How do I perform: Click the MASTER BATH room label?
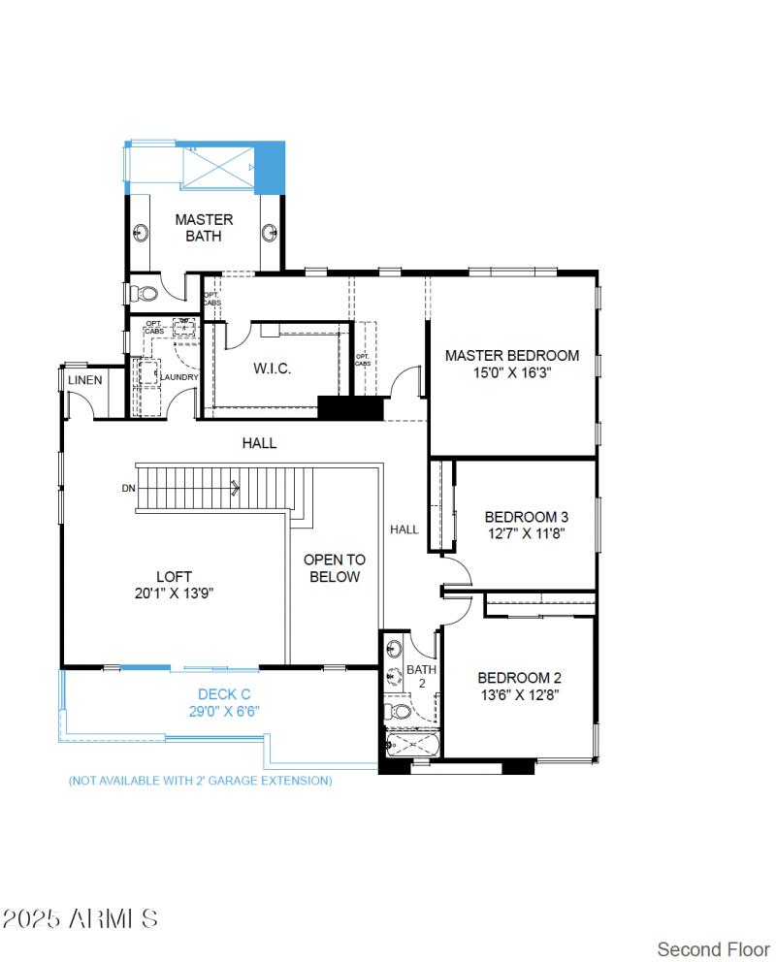(204, 228)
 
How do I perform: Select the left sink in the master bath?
(142, 233)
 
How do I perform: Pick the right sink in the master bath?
(271, 233)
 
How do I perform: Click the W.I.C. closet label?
(272, 369)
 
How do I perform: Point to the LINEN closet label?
(85, 380)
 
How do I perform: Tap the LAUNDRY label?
(179, 377)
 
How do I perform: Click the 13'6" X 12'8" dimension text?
(518, 694)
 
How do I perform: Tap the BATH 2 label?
(422, 676)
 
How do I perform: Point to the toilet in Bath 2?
(399, 713)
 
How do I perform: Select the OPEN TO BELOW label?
(335, 568)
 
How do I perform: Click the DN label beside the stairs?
(128, 489)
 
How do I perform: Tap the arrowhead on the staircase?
(236, 489)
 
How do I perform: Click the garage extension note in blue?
(200, 780)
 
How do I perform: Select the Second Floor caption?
(713, 947)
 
